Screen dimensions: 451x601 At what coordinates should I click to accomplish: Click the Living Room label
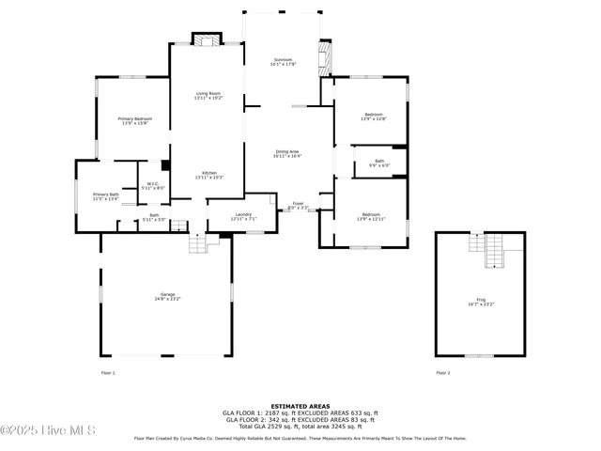point(208,95)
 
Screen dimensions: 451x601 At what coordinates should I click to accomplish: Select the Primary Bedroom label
point(135,120)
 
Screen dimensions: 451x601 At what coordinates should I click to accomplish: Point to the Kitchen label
point(210,175)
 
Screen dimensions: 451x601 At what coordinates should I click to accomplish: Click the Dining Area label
point(287,153)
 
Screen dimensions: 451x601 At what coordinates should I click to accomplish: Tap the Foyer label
point(298,204)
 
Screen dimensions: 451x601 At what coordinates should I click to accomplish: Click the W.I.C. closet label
point(152,185)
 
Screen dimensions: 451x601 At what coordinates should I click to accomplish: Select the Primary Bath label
point(105,195)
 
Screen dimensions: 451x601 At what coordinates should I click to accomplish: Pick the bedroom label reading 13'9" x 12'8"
point(374,117)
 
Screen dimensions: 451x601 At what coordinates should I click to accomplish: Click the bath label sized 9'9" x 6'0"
point(379,163)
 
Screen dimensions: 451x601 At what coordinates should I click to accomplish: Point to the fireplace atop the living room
point(208,39)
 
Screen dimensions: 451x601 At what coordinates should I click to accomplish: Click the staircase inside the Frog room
point(494,250)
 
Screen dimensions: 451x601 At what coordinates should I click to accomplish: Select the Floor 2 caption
point(443,373)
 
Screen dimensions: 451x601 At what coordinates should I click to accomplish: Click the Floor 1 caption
point(107,373)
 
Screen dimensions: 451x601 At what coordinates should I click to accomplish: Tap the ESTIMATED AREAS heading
point(300,407)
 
